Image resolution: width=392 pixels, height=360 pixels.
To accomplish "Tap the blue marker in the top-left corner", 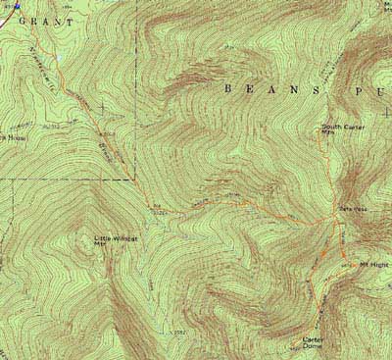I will point(15,4).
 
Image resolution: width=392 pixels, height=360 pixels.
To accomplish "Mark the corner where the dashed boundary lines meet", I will point(133,180).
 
